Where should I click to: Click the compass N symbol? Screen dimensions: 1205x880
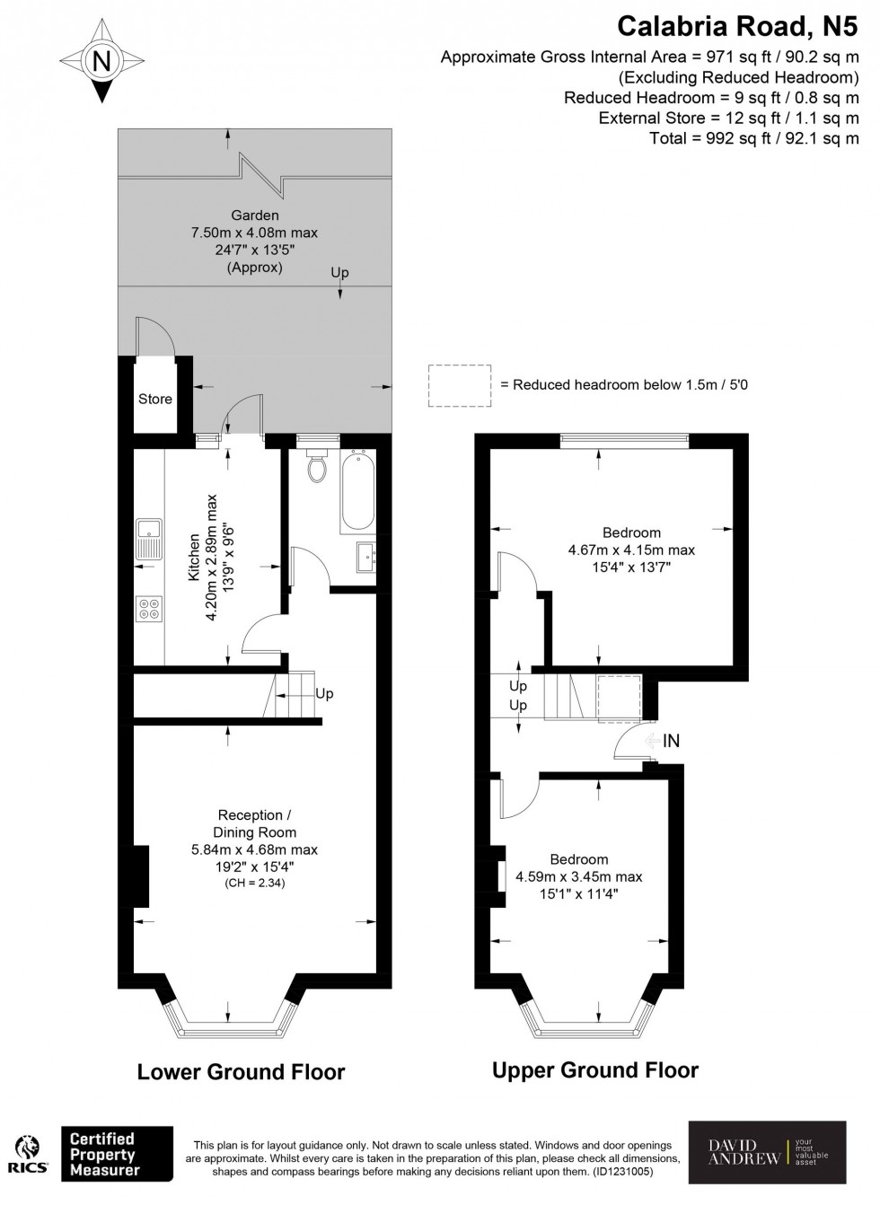click(x=102, y=62)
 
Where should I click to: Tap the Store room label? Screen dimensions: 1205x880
click(x=154, y=399)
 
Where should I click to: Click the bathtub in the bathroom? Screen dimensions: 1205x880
click(x=357, y=493)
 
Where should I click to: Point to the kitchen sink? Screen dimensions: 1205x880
click(x=148, y=539)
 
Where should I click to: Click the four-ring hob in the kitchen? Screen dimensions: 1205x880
click(x=148, y=610)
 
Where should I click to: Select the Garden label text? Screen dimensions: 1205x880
click(x=254, y=215)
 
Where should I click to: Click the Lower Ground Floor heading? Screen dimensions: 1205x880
click(x=241, y=1071)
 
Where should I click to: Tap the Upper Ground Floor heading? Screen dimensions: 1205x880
click(x=595, y=1069)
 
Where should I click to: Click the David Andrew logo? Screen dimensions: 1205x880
click(x=767, y=1151)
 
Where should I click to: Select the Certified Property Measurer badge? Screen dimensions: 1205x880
click(x=116, y=1155)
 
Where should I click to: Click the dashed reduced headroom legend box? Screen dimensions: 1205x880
click(x=460, y=385)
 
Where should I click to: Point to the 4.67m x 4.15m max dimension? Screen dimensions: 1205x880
click(x=631, y=550)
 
